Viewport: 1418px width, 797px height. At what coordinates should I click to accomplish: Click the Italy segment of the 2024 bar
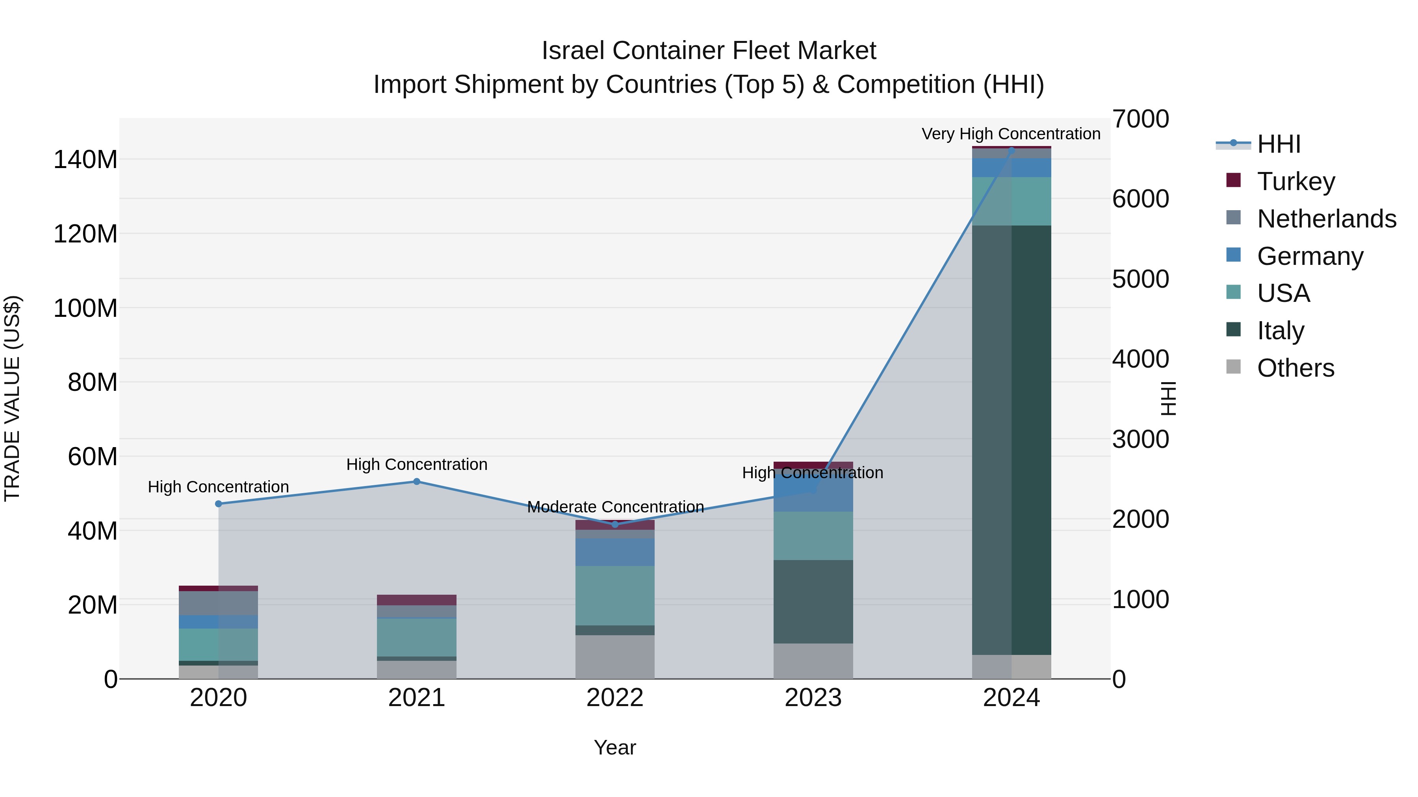click(x=1011, y=440)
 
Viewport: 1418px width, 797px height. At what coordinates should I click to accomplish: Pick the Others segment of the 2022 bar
click(x=615, y=657)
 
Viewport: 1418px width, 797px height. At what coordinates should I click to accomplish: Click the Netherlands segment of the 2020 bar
click(x=219, y=603)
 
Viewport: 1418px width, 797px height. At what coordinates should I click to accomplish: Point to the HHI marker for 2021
click(x=417, y=482)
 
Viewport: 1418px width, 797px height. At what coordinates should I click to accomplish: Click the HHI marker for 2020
click(x=219, y=504)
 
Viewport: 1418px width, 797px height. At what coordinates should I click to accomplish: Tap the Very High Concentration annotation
click(x=1011, y=134)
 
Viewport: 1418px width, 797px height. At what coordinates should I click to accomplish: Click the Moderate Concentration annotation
click(x=615, y=507)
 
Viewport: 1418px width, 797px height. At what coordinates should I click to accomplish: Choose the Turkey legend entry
click(x=1296, y=181)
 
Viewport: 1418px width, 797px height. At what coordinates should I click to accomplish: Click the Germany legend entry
click(x=1310, y=256)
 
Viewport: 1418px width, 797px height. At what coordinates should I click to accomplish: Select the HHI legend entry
click(x=1278, y=144)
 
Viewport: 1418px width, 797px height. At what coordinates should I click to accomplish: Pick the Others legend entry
click(x=1295, y=368)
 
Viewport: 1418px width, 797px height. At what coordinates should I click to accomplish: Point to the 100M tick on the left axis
click(x=85, y=308)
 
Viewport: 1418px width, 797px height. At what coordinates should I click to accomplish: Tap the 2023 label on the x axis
click(x=813, y=698)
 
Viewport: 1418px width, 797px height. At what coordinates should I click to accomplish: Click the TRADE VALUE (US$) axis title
click(x=12, y=398)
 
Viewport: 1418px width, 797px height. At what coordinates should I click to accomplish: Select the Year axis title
click(x=615, y=747)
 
